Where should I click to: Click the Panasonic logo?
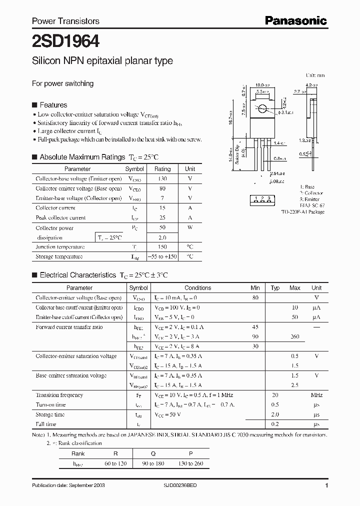coord(295,20)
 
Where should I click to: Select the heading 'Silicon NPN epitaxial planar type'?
coord(102,61)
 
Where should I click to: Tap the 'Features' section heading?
coord(53,105)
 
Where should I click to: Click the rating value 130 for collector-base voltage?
coord(162,179)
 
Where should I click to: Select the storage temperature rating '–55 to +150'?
coord(162,256)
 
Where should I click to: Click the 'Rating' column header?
coord(162,169)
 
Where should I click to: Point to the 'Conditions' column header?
coord(198,288)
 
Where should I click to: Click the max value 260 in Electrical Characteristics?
coord(295,336)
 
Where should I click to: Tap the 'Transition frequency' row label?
coord(59,395)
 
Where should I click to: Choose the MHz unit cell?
coord(316,395)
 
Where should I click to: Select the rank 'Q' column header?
coord(146,453)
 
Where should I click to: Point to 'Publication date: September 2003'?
coord(68,485)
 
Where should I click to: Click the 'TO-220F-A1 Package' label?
coord(302,212)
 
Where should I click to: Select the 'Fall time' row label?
coord(46,424)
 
